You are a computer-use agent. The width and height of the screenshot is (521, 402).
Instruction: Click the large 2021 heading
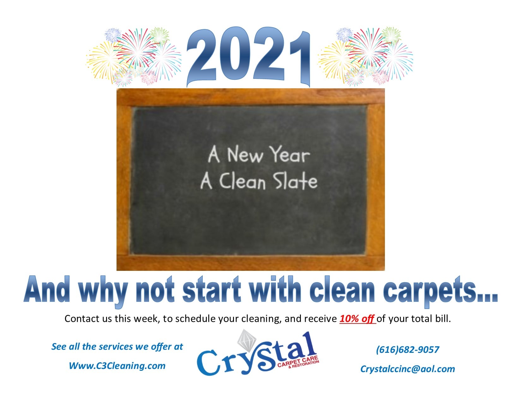tap(248, 57)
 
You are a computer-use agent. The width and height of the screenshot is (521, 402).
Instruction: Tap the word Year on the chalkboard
tap(289, 155)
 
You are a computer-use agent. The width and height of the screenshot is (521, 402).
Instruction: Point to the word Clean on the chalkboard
tap(243, 181)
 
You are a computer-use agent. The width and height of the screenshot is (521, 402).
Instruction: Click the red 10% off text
tap(357, 319)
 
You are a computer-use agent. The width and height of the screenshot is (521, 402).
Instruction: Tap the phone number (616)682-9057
tap(407, 350)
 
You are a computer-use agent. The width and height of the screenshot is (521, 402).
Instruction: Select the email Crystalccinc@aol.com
tap(407, 369)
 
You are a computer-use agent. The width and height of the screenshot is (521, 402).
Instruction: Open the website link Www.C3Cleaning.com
tap(117, 366)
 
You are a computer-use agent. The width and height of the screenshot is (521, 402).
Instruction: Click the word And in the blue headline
tap(47, 289)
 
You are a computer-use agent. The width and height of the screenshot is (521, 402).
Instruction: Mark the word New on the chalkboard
tap(245, 155)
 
